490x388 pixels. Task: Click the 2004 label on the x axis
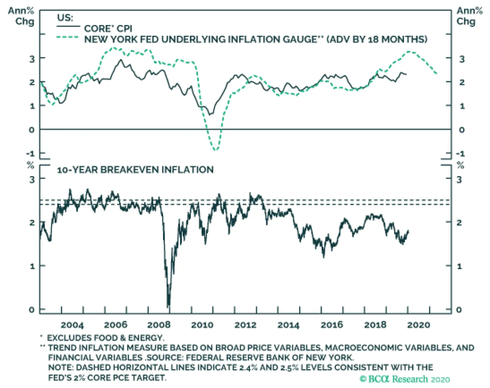72,325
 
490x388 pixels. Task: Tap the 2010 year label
202,325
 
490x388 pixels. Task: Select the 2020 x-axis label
419,325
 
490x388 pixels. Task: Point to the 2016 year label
332,325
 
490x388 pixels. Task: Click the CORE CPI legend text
108,29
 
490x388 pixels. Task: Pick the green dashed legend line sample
68,37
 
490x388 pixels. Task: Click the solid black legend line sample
68,27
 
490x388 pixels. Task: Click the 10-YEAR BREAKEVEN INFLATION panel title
135,170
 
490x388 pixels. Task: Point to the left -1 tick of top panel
31,153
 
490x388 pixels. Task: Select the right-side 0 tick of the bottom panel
459,310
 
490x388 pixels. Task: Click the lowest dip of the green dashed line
216,150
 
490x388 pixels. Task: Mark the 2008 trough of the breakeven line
168,306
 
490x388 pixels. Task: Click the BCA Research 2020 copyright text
405,379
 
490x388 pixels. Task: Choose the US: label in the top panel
65,17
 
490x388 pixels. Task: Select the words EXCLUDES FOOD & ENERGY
105,338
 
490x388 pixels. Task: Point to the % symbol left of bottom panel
30,165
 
